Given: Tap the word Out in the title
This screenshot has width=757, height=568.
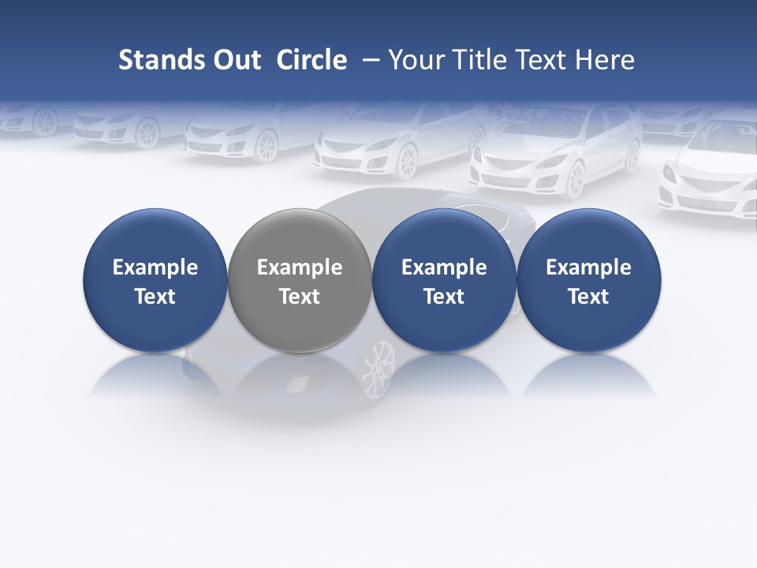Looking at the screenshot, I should [x=234, y=60].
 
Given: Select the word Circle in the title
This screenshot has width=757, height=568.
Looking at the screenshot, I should [x=311, y=60].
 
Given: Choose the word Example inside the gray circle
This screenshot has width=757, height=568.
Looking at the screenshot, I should [x=300, y=267].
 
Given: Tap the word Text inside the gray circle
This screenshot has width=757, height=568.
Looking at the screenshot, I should [x=300, y=297].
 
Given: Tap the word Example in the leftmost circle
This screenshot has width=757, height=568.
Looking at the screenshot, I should [x=155, y=267].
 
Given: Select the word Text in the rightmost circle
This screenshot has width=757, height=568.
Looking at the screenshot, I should [x=589, y=297].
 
